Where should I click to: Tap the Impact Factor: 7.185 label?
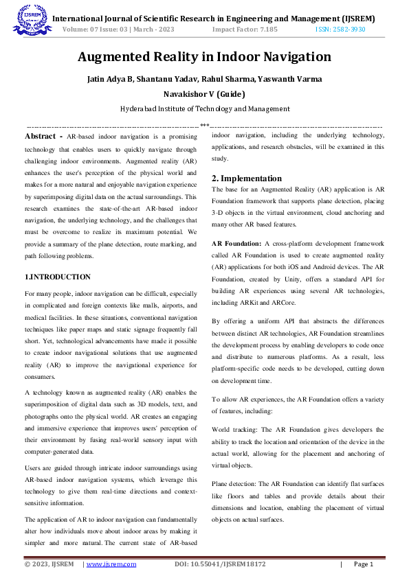pyautogui.click(x=245, y=30)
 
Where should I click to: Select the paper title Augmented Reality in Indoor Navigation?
pyautogui.click(x=204, y=56)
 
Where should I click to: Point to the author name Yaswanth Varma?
pyautogui.click(x=294, y=78)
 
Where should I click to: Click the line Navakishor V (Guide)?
pyautogui.click(x=204, y=93)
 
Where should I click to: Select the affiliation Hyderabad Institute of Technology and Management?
pyautogui.click(x=204, y=108)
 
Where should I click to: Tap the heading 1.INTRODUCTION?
pyautogui.click(x=57, y=277)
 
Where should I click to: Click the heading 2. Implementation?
pyautogui.click(x=247, y=178)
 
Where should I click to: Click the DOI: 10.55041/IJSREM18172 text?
pyautogui.click(x=220, y=564)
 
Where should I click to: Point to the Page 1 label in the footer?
pyautogui.click(x=363, y=564)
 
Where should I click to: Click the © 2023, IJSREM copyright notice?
pyautogui.click(x=49, y=564)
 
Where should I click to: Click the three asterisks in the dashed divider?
pyautogui.click(x=204, y=125)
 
